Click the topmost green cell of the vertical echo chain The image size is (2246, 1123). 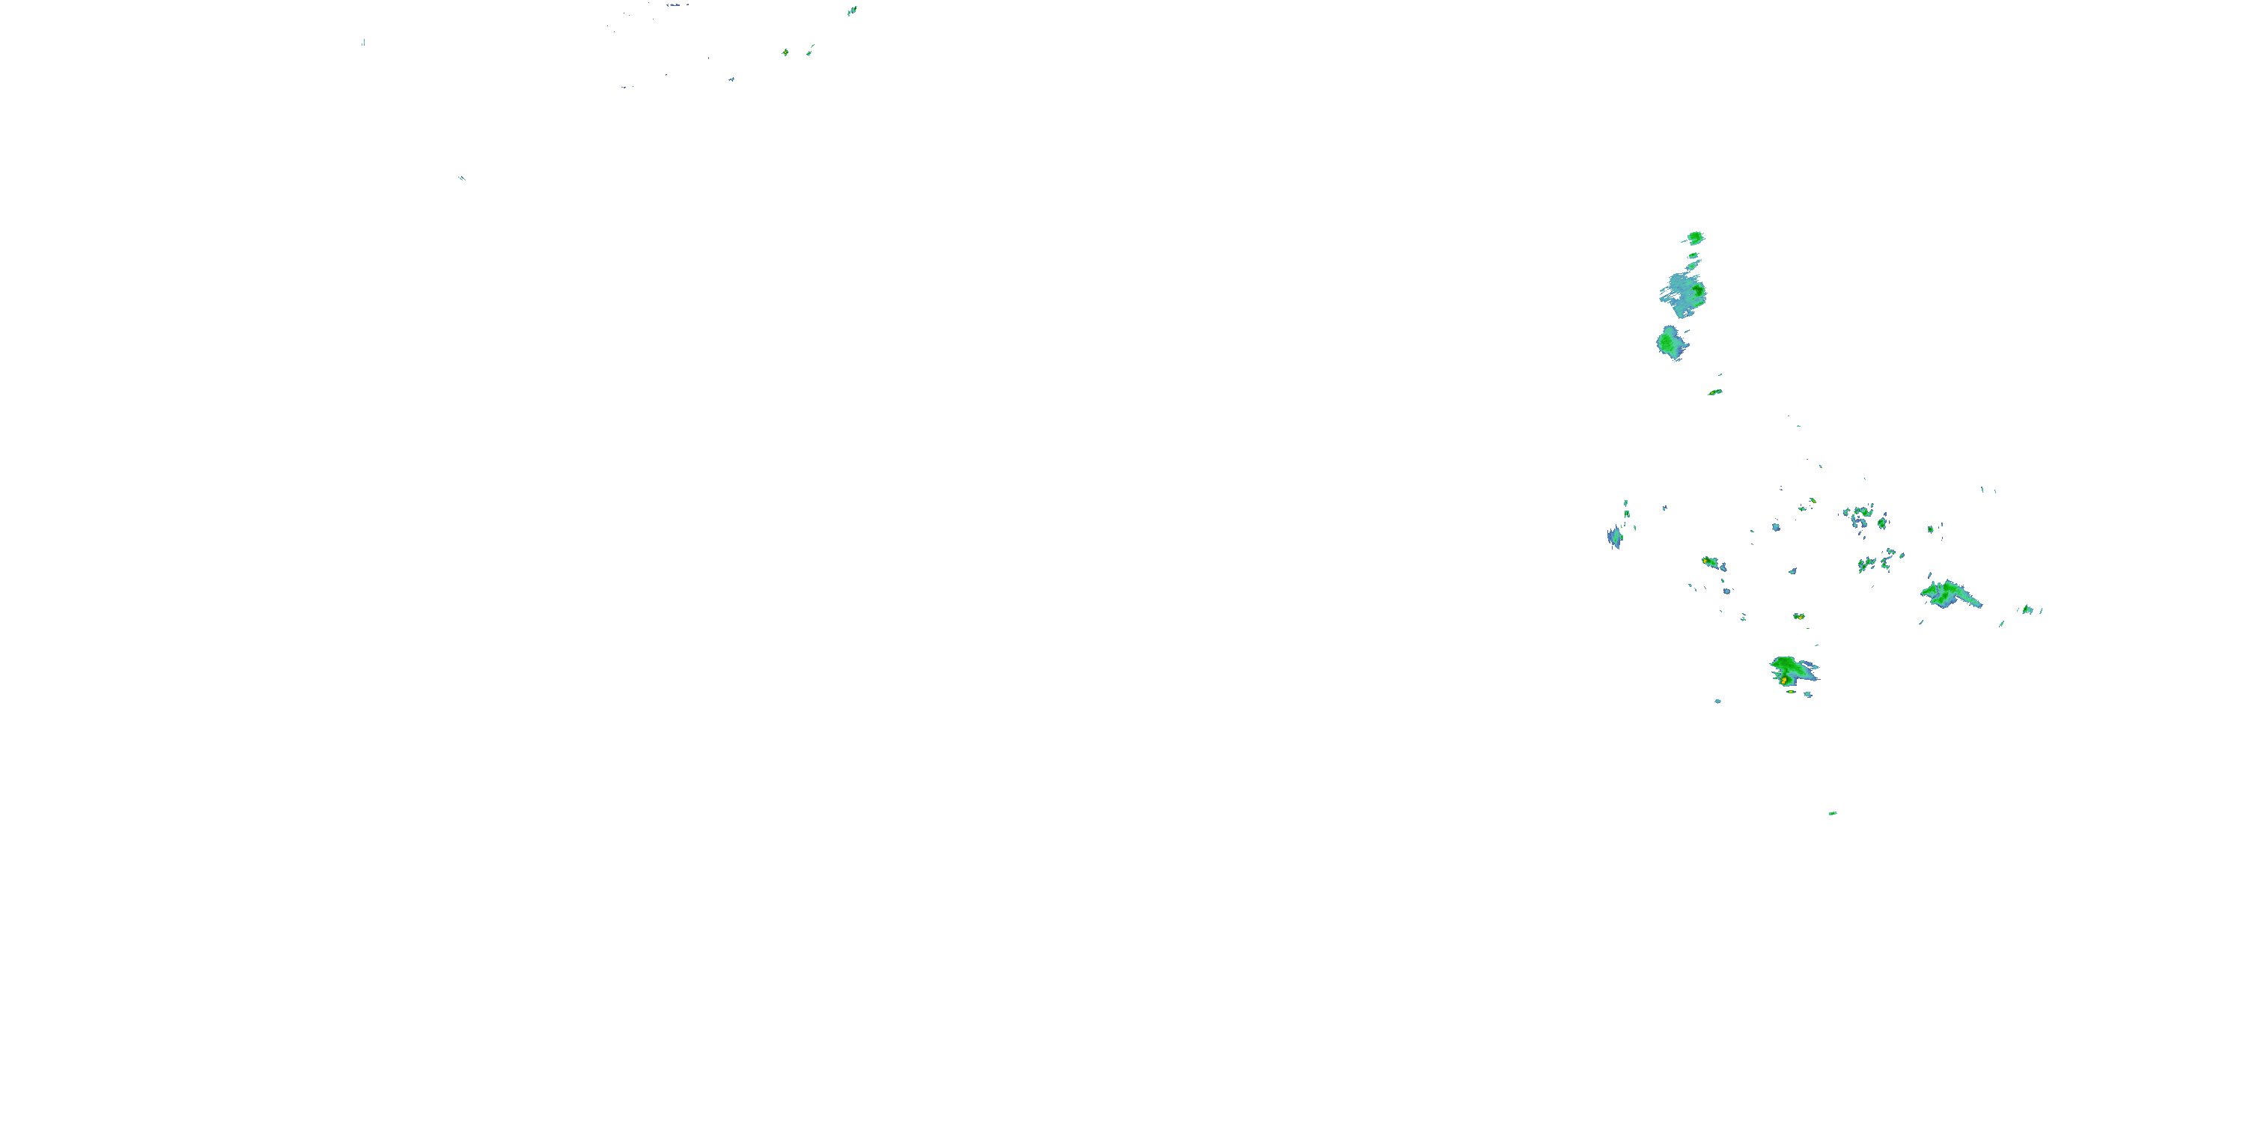click(x=1695, y=237)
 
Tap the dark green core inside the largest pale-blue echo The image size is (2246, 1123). click(x=1697, y=290)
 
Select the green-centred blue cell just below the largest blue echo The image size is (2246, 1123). click(x=1670, y=343)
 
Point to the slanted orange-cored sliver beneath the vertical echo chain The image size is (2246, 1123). click(x=1715, y=392)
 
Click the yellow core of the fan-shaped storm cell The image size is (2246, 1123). click(x=1785, y=679)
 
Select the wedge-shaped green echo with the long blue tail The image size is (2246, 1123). click(x=1950, y=594)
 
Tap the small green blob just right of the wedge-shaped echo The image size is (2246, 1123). click(x=2028, y=609)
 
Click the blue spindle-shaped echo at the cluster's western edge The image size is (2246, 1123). click(x=1615, y=537)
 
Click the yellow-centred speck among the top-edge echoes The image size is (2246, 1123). click(x=785, y=52)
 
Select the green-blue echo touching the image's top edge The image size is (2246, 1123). click(x=852, y=10)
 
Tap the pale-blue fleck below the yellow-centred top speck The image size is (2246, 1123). click(x=731, y=79)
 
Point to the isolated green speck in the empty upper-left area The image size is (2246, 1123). click(x=462, y=179)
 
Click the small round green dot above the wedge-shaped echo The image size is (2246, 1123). click(x=1930, y=529)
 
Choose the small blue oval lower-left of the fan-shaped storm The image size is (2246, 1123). click(x=1717, y=701)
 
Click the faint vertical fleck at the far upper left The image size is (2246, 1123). click(x=362, y=42)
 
